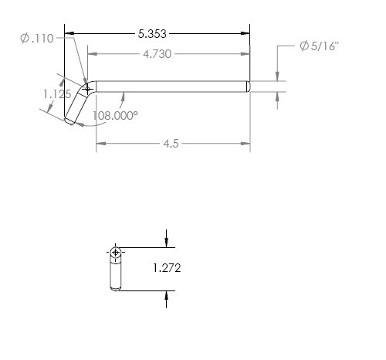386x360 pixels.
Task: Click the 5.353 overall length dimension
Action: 152,34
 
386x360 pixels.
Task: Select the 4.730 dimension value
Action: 157,54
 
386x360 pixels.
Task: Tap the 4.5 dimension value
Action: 171,144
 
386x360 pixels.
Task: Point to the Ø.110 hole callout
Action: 37,39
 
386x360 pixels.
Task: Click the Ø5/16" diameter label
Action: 320,46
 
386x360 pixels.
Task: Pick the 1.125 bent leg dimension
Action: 57,94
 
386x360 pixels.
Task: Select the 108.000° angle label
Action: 115,116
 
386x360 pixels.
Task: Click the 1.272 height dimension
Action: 167,268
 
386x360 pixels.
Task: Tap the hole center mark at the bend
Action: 87,90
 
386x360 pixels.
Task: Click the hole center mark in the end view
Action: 116,252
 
